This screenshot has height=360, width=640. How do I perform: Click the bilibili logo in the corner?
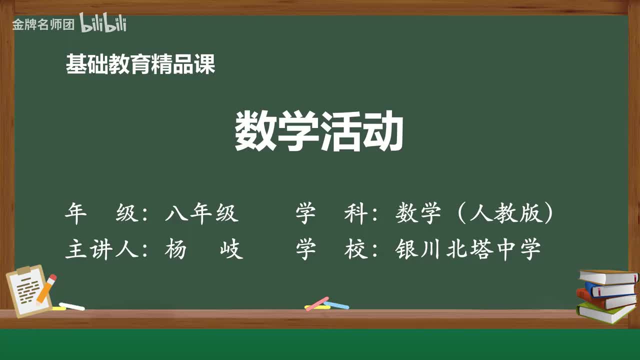pyautogui.click(x=103, y=23)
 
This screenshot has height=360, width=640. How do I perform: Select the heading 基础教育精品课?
pyautogui.click(x=140, y=64)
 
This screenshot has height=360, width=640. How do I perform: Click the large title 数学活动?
pyautogui.click(x=319, y=131)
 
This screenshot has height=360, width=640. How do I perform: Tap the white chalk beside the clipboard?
pyautogui.click(x=71, y=306)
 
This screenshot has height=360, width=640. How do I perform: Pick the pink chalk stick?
pyautogui.click(x=316, y=303)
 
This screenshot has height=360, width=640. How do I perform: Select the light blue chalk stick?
pyautogui.click(x=336, y=304)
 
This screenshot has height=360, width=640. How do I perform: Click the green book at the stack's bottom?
pyautogui.click(x=605, y=312)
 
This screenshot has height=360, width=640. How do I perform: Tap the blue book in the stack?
pyautogui.click(x=610, y=289)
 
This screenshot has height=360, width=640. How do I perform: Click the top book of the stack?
pyautogui.click(x=607, y=276)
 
